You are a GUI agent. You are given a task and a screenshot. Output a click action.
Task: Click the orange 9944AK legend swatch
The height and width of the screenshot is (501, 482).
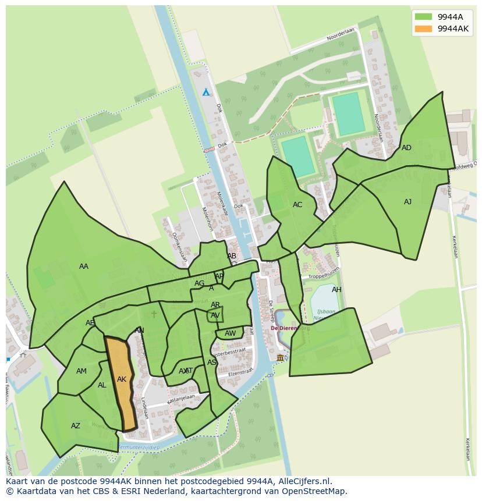pos(423,29)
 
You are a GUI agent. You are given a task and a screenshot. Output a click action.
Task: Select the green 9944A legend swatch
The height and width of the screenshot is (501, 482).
pos(423,17)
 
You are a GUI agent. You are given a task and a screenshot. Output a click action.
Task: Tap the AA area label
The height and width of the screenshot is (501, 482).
pos(84,267)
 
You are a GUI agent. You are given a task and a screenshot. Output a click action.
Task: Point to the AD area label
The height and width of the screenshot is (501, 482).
pos(406,148)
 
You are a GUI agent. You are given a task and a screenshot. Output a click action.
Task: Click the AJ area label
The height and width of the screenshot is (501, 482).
pos(407,202)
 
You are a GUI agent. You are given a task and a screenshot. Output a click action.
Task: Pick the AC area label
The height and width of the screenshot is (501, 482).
pos(297,205)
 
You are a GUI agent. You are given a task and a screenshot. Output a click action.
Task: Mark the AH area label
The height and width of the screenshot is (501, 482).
pos(336,290)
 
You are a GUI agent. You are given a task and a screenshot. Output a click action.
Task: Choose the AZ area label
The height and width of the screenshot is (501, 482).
pos(76,426)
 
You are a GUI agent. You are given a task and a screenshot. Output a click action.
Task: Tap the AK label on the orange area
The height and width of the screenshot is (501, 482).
pos(122,379)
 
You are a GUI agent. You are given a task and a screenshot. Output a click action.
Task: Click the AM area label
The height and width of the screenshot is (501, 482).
pos(81,371)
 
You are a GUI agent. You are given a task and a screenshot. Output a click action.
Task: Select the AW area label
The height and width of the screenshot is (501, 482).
pos(231,333)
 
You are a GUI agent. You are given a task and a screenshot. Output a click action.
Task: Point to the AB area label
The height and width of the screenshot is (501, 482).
pos(232,256)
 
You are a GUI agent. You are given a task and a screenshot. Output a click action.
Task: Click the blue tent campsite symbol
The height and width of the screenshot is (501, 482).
pos(205,93)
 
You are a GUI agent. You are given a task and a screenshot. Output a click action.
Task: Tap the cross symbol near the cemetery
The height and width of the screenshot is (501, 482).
pos(154,314)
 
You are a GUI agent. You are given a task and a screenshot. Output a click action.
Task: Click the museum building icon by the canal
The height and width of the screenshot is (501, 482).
pos(281,357)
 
